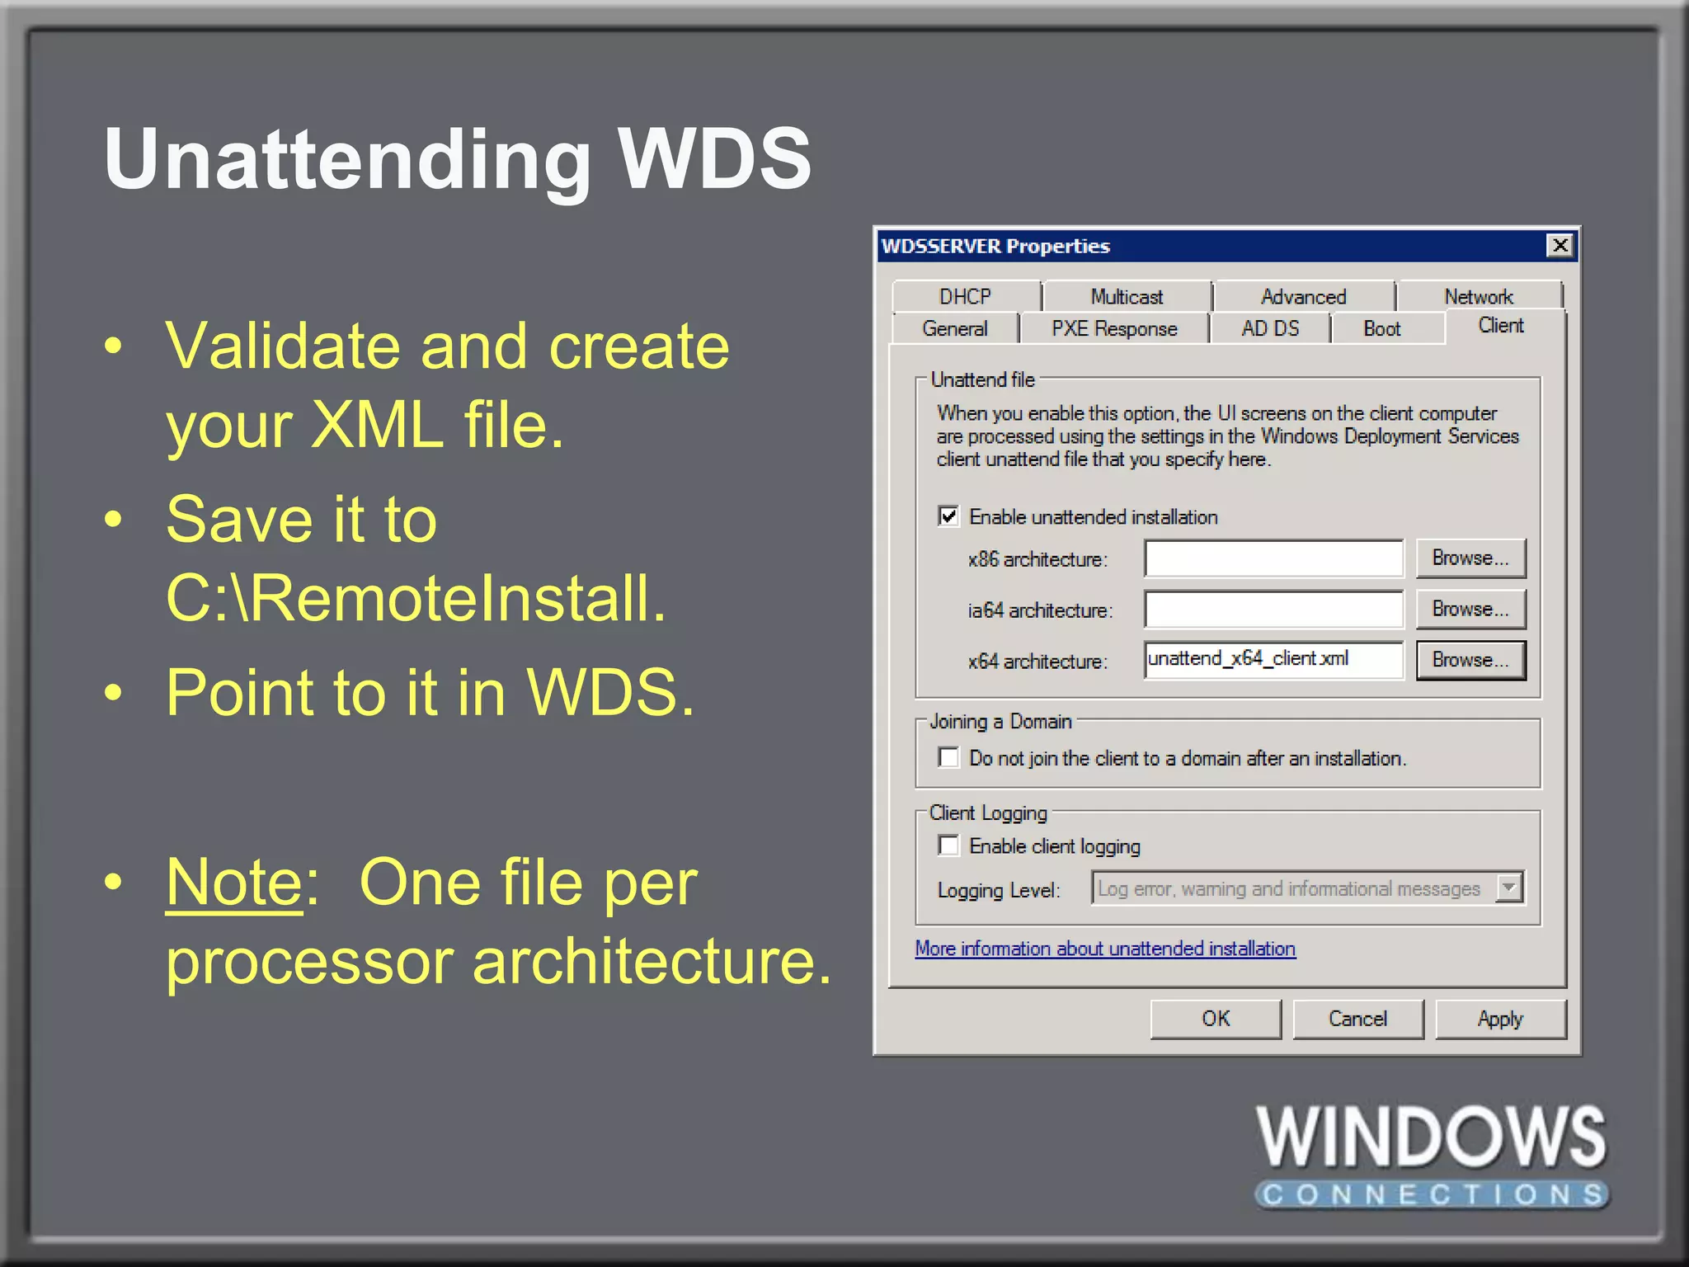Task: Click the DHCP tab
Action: (x=965, y=296)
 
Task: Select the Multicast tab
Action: (x=1127, y=296)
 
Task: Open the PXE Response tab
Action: (x=1114, y=328)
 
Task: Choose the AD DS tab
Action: (x=1270, y=328)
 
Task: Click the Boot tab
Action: (x=1382, y=328)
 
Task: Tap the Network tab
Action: (x=1479, y=296)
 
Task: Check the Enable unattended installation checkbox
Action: (x=949, y=516)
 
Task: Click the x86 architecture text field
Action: (x=1273, y=558)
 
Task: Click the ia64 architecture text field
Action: (x=1273, y=610)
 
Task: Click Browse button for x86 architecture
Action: (x=1470, y=558)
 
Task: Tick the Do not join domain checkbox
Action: (x=949, y=757)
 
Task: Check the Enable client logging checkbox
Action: (x=949, y=845)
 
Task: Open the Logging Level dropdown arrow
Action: (x=1509, y=888)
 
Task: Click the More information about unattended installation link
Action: (x=1105, y=949)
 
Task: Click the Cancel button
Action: (x=1357, y=1019)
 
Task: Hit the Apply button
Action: (x=1500, y=1019)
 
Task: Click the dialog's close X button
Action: (x=1560, y=246)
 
